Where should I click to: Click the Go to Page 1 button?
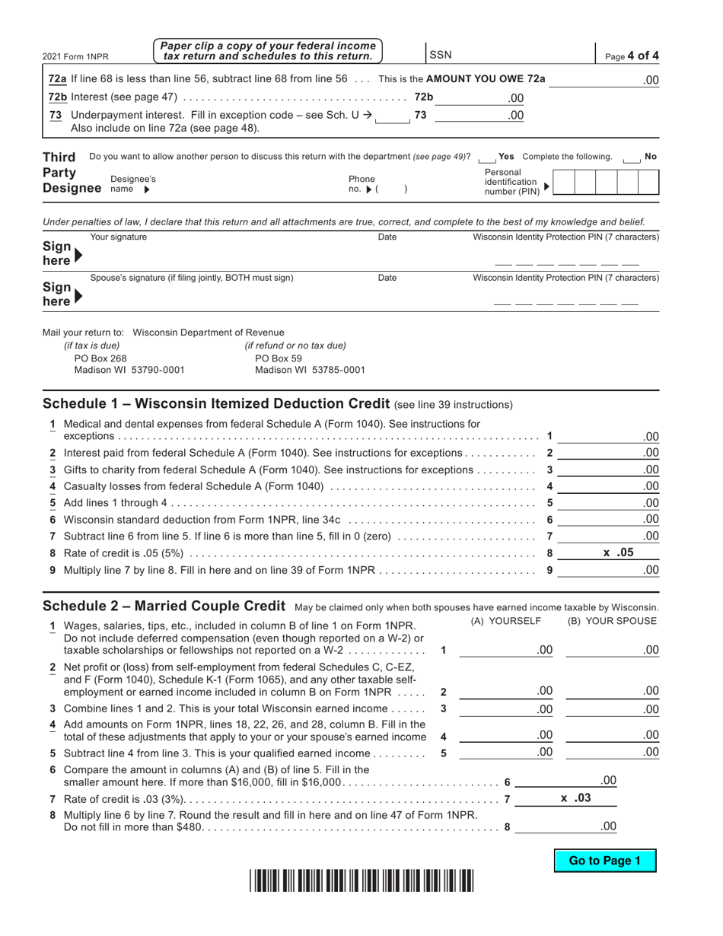[604, 861]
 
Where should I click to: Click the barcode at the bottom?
[361, 880]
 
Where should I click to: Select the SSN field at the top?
[510, 55]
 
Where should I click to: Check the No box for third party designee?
[630, 158]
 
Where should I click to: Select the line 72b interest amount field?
[479, 97]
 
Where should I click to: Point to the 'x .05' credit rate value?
[618, 553]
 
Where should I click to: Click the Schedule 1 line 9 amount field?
[608, 569]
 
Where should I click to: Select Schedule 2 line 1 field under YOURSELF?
[506, 650]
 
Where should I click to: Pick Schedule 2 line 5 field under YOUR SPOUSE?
[613, 752]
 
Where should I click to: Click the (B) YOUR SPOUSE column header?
[612, 621]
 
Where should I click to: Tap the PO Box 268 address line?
[100, 358]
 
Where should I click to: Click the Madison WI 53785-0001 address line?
[310, 370]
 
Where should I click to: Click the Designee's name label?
[132, 183]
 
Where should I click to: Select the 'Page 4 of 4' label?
[632, 56]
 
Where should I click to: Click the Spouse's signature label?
[191, 278]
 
